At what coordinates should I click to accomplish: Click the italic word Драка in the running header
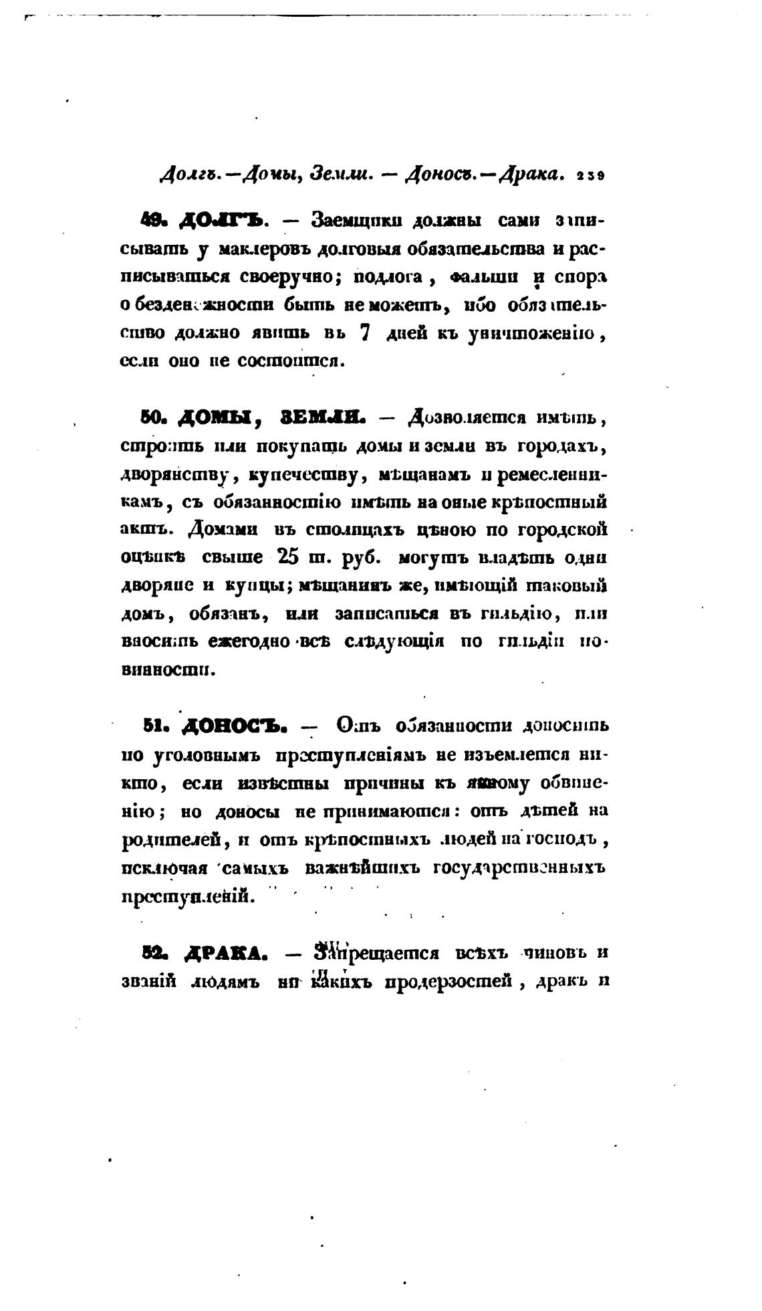pos(533,175)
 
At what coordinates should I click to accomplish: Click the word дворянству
pos(175,474)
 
